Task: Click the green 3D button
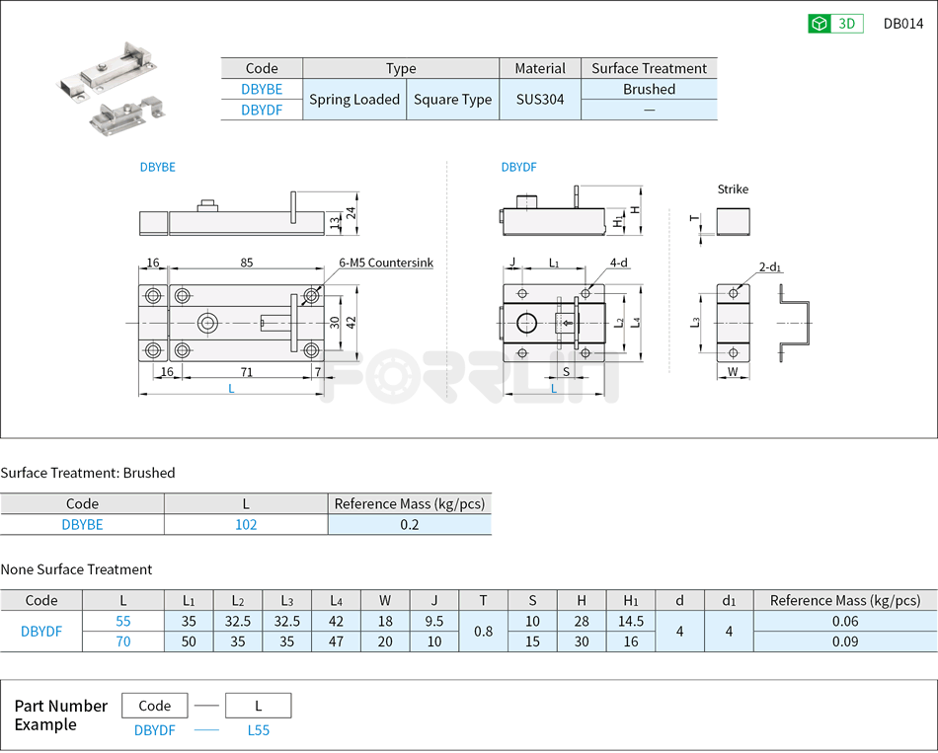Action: click(x=835, y=24)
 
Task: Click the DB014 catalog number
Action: click(x=902, y=24)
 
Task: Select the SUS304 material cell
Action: click(x=540, y=100)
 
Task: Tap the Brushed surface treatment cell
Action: click(x=649, y=89)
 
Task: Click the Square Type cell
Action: click(x=452, y=100)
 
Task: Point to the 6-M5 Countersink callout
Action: click(x=385, y=264)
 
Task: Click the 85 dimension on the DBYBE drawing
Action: click(x=246, y=264)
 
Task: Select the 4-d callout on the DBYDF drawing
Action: click(x=619, y=264)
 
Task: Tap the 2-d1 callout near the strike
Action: click(x=770, y=267)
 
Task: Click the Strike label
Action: click(x=733, y=189)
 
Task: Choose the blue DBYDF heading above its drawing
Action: click(x=518, y=168)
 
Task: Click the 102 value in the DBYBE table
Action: click(x=246, y=525)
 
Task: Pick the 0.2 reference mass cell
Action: click(x=410, y=525)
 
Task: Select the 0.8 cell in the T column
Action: click(x=483, y=632)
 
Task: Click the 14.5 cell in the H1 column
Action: click(x=631, y=622)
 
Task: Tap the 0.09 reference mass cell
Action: click(x=844, y=641)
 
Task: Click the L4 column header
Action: click(x=336, y=601)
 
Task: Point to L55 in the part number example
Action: click(x=258, y=730)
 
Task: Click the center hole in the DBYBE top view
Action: click(x=208, y=323)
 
